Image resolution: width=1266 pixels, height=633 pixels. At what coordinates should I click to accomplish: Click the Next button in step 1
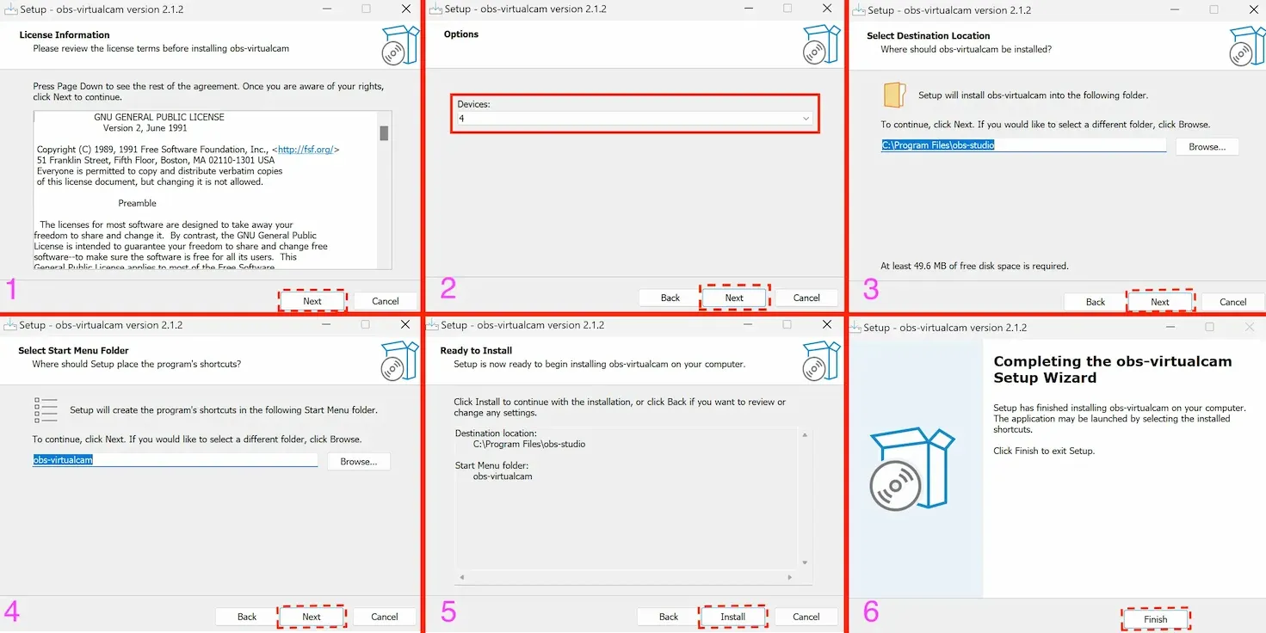[x=312, y=301]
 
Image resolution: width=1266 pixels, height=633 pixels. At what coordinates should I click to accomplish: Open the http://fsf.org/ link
[x=306, y=150]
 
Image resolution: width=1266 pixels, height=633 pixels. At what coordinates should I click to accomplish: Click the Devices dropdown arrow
[x=806, y=119]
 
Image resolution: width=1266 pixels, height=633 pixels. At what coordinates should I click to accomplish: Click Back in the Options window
[x=670, y=298]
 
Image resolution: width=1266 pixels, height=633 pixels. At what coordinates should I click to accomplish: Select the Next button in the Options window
[x=734, y=298]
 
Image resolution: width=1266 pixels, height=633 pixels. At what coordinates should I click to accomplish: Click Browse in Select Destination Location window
[x=1207, y=147]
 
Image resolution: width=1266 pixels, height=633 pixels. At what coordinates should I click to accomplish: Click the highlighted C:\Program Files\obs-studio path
[x=937, y=145]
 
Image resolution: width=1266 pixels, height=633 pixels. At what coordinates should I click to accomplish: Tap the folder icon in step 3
[x=894, y=95]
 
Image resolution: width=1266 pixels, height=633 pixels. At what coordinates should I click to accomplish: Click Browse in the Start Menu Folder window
[x=358, y=461]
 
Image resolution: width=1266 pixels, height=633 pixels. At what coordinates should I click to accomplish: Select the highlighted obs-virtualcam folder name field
[x=63, y=459]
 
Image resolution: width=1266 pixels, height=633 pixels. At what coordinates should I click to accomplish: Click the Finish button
[x=1155, y=619]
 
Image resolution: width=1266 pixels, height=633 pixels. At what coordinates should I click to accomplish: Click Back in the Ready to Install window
[x=669, y=617]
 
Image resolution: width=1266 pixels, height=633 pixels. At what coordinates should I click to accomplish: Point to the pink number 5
[x=448, y=611]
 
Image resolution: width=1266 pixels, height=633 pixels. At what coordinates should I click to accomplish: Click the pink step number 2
[x=448, y=289]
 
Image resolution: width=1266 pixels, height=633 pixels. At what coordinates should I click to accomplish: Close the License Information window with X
[x=406, y=9]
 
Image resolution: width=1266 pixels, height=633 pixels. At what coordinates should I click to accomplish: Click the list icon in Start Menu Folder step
[x=46, y=410]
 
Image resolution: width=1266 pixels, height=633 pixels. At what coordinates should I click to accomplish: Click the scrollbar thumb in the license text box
[x=385, y=133]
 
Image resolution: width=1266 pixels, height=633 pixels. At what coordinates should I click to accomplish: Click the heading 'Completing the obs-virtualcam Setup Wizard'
[x=1112, y=369]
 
